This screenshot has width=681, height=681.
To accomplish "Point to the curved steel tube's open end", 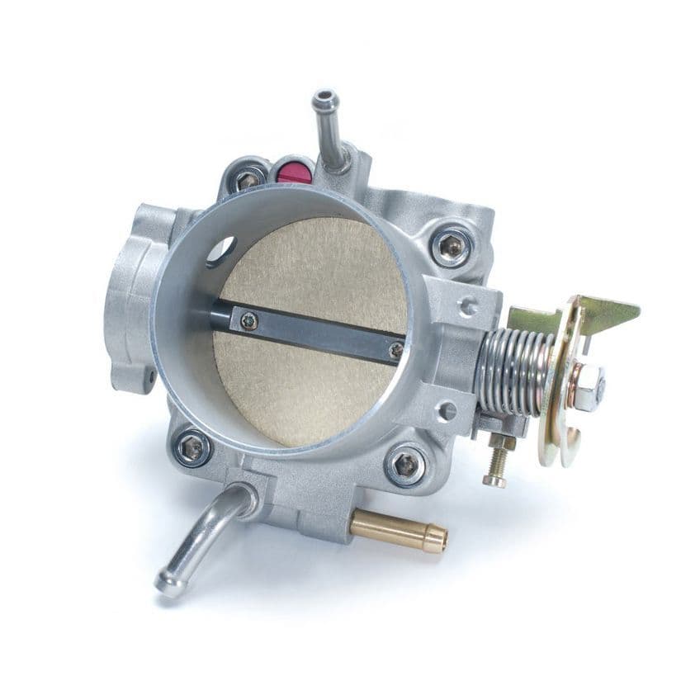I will pos(168,584).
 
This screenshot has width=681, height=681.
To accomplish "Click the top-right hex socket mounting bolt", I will pos(451,245).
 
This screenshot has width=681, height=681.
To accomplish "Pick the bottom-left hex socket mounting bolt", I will pos(193,448).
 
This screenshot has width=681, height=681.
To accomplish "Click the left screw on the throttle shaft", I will pos(248,315).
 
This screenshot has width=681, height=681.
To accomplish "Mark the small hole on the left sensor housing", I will pos(150,378).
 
